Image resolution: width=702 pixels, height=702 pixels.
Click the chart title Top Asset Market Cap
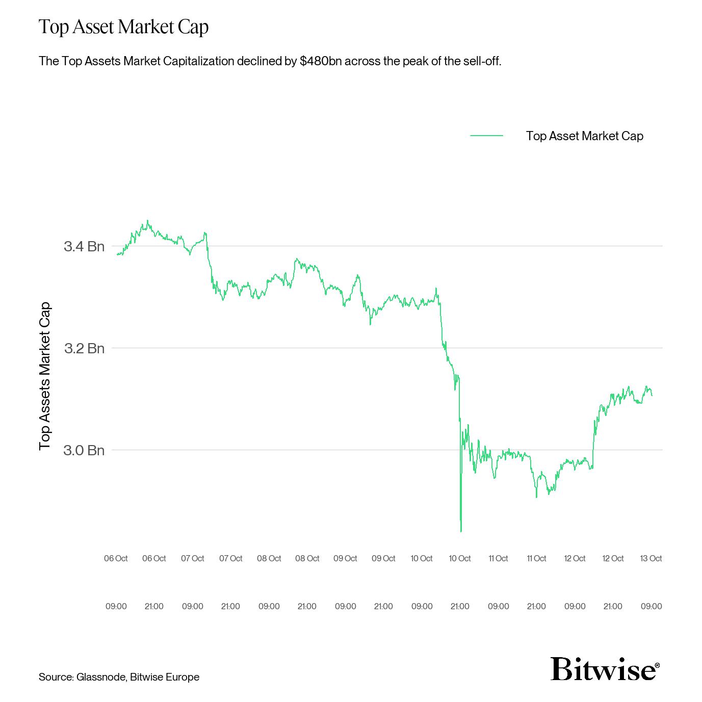point(123,27)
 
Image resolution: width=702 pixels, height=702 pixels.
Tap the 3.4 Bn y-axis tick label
point(84,246)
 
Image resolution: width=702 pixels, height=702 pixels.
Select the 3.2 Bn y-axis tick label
point(84,348)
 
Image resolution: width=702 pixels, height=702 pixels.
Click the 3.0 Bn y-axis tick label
point(84,450)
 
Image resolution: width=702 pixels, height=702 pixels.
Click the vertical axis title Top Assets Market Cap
point(45,376)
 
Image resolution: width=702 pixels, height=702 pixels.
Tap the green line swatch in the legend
point(486,136)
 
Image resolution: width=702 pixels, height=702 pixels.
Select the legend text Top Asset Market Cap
point(584,136)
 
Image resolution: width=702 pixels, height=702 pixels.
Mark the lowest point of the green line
point(461,531)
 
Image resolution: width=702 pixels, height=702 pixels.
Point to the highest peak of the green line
point(148,221)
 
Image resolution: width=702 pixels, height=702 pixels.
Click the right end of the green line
point(652,395)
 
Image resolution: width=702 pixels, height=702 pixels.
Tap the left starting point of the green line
point(117,254)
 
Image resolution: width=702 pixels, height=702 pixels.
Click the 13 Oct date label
point(651,558)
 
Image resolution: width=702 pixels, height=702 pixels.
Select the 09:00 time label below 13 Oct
point(651,606)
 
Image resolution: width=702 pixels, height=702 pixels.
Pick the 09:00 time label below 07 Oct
point(192,606)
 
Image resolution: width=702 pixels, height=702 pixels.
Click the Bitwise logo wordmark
point(602,668)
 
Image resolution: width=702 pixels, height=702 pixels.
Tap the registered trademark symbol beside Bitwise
point(657,665)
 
